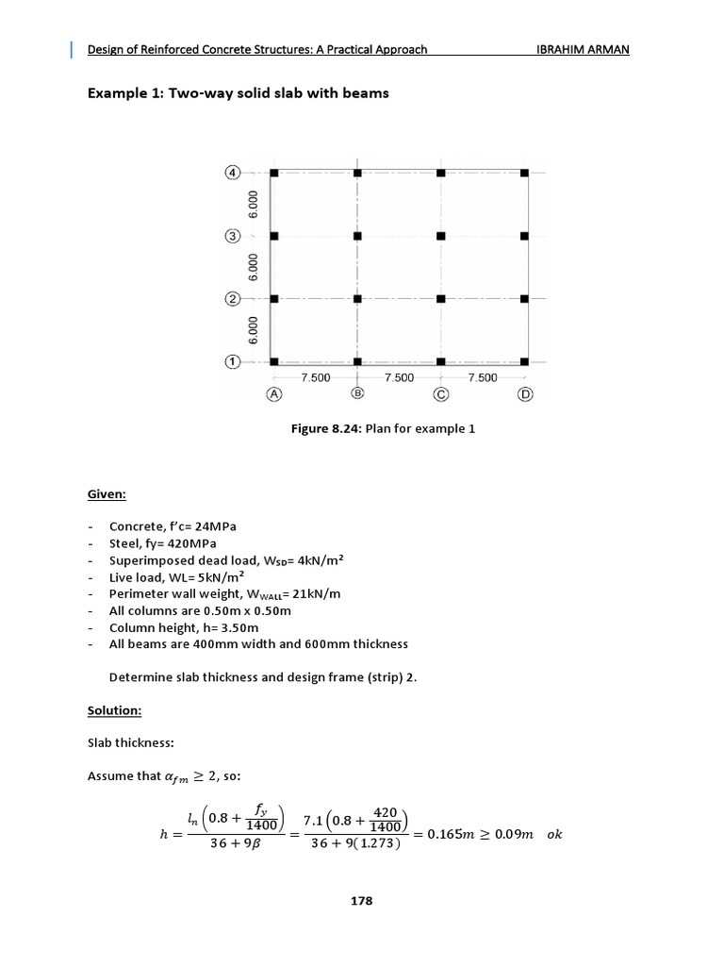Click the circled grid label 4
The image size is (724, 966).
(x=231, y=173)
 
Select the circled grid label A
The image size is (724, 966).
(x=274, y=394)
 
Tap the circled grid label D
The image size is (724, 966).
(x=525, y=394)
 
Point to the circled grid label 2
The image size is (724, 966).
(x=231, y=299)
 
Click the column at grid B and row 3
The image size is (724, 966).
(x=357, y=236)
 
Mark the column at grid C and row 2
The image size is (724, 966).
(x=441, y=299)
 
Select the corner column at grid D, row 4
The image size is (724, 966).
(x=525, y=173)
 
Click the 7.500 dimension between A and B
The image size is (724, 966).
(x=315, y=377)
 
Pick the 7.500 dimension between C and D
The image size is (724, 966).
(x=483, y=377)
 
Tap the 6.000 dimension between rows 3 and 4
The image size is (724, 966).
(x=252, y=204)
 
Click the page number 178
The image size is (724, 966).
(x=362, y=901)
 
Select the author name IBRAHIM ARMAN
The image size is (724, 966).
(x=582, y=49)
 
